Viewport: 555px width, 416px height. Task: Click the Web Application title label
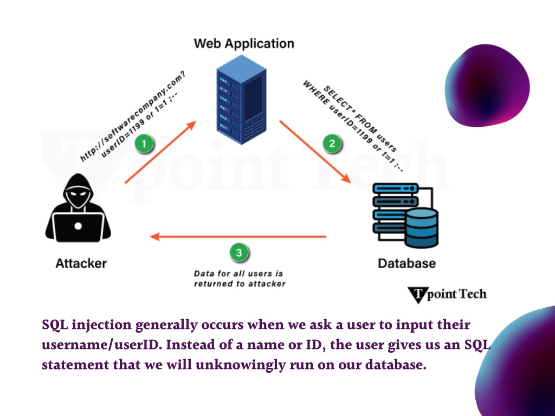244,43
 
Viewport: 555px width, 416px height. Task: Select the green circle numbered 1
144,144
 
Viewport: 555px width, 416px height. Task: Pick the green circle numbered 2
332,144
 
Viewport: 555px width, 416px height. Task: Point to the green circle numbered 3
239,252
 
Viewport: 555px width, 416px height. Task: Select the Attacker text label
81,264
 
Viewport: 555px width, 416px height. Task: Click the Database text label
406,264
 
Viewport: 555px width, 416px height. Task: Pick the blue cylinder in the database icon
421,227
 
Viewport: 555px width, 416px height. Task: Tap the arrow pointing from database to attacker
238,237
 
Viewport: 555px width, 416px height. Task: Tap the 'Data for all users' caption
239,278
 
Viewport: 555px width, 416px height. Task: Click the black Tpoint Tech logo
447,295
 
